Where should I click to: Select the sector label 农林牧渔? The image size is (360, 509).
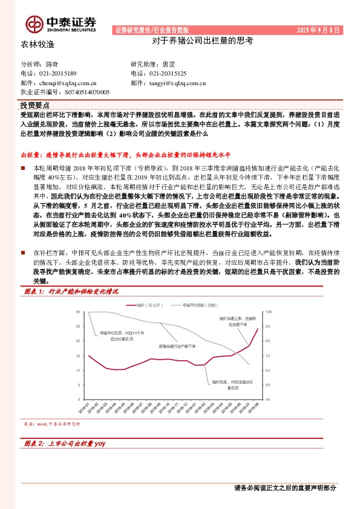(38, 44)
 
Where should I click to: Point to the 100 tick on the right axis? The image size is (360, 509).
(269, 311)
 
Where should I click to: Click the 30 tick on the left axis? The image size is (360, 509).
(78, 311)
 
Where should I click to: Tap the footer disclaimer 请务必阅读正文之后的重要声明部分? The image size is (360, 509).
(284, 488)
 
